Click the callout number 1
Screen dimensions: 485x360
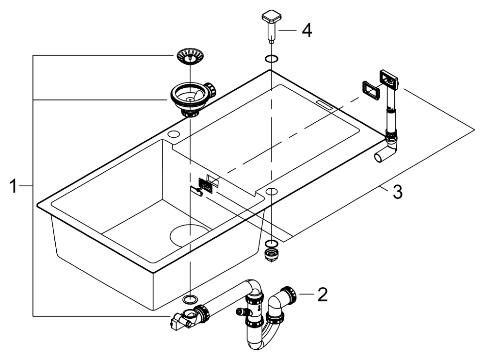[x=13, y=186]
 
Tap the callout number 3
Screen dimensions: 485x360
[x=398, y=192]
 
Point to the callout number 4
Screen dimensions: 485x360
[x=307, y=30]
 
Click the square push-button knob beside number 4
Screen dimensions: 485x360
[x=271, y=26]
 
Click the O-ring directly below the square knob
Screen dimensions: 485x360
[x=271, y=59]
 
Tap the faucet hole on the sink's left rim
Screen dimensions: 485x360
[x=174, y=134]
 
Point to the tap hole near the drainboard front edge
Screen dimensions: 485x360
[x=271, y=191]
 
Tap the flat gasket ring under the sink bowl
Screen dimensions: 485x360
[x=190, y=299]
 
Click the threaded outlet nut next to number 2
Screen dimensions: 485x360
[x=288, y=295]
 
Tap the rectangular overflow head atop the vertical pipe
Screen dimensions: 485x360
[x=389, y=79]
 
